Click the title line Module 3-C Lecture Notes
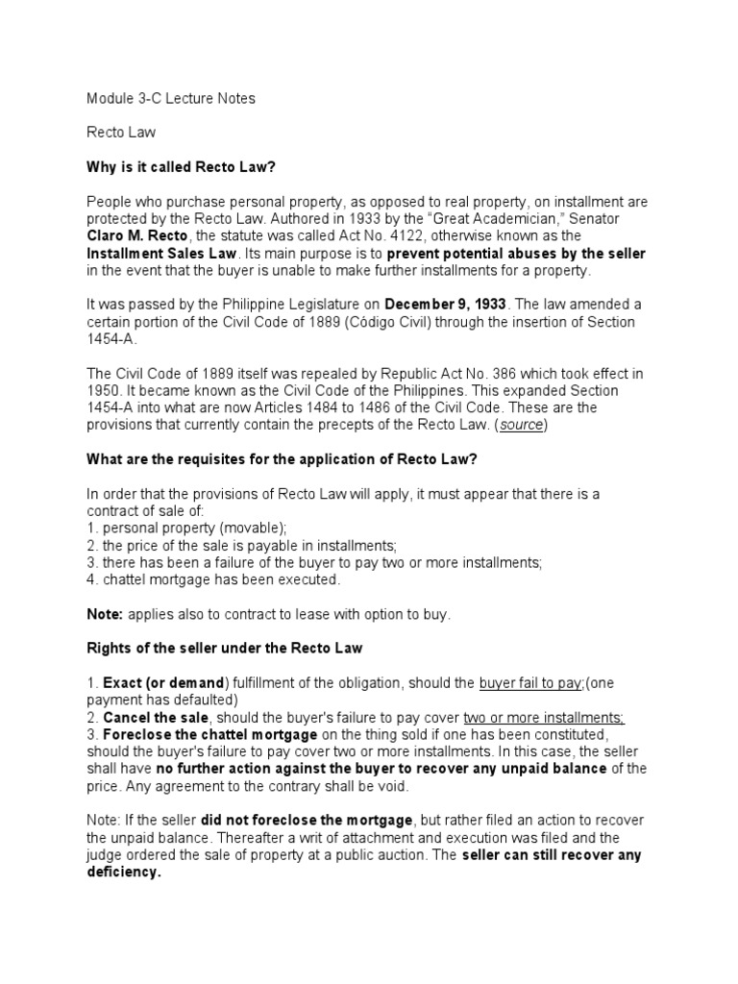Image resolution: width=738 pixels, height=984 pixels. click(171, 99)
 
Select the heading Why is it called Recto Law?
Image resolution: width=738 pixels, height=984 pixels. click(181, 166)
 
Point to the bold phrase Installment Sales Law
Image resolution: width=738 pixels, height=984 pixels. click(160, 254)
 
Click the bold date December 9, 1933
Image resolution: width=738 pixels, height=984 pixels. click(446, 305)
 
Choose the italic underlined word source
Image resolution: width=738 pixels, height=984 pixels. click(522, 426)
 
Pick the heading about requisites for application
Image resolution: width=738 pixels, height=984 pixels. click(282, 459)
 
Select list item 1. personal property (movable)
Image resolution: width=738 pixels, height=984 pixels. click(187, 529)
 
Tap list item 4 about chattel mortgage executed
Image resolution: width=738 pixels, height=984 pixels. click(213, 580)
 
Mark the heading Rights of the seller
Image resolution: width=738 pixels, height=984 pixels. click(225, 649)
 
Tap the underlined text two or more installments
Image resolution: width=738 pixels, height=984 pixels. click(544, 718)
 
